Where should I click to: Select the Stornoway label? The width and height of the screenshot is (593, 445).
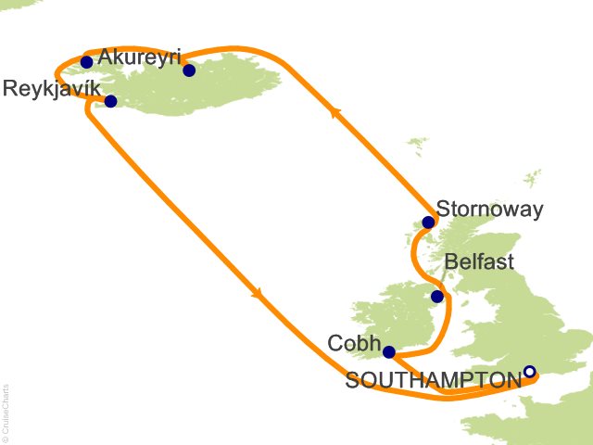[x=489, y=210]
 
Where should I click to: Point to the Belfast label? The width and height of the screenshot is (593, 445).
[x=479, y=261]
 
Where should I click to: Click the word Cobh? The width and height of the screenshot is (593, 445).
[x=354, y=343]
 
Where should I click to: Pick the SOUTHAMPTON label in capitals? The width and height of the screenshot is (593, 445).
[x=433, y=380]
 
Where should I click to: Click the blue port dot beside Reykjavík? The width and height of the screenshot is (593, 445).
[x=110, y=102]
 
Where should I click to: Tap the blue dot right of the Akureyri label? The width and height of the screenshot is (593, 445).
[x=189, y=70]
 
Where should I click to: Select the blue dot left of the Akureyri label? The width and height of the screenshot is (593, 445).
[x=87, y=62]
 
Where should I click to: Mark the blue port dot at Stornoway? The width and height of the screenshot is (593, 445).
[x=428, y=222]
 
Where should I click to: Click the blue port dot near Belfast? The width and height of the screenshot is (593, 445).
[x=437, y=297]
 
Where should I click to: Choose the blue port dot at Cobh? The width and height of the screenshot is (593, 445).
[x=389, y=352]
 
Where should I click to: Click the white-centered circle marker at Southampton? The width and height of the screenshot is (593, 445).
[x=529, y=373]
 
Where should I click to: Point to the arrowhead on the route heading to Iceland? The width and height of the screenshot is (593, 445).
[x=336, y=109]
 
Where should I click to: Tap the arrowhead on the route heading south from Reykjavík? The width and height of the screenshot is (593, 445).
[x=258, y=294]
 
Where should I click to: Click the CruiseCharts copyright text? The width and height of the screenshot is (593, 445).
[x=6, y=413]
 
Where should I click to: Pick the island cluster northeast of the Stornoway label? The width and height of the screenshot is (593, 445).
[x=531, y=178]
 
